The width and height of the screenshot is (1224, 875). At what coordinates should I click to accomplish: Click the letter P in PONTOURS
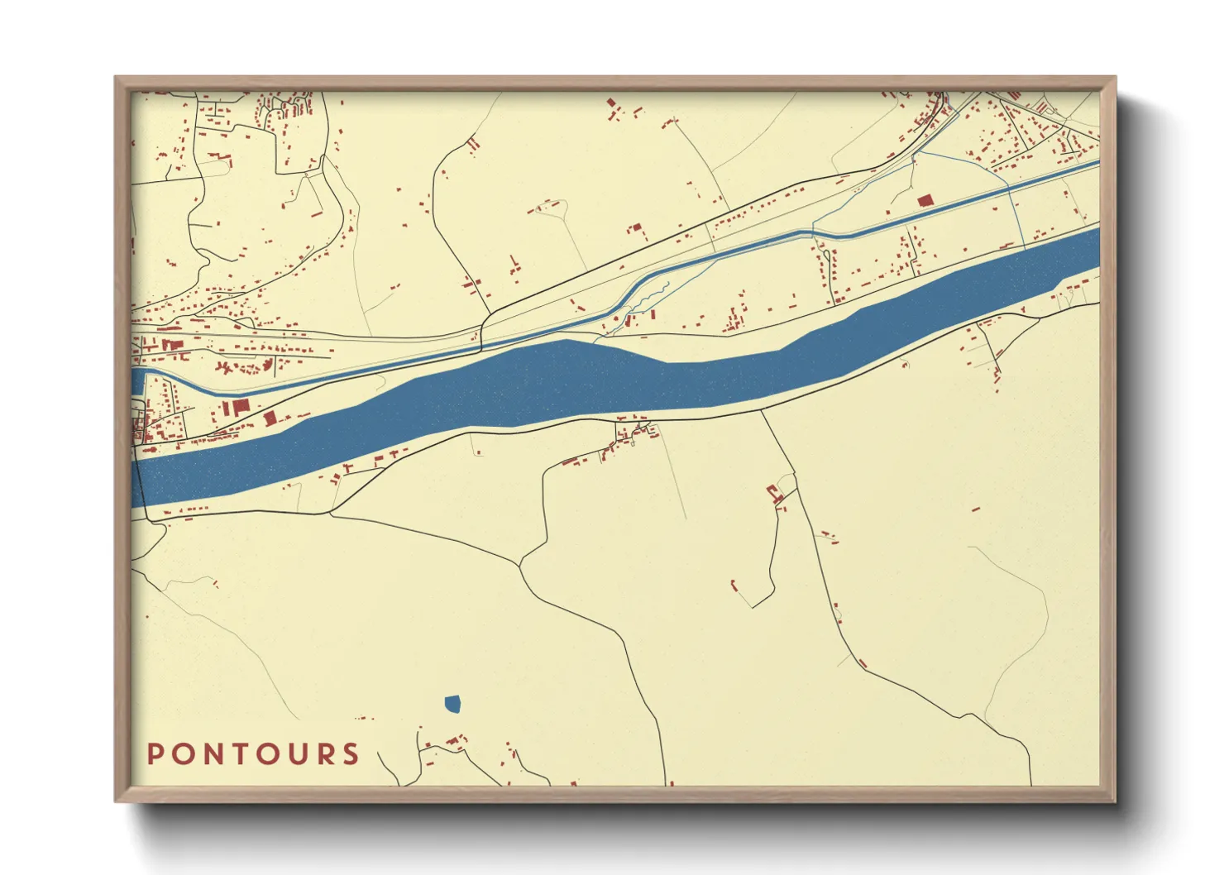(155, 753)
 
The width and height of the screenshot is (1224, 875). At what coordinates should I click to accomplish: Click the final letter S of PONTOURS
(352, 753)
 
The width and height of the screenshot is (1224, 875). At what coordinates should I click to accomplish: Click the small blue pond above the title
(452, 704)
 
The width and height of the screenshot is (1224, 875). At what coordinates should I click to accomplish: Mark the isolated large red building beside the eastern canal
(925, 200)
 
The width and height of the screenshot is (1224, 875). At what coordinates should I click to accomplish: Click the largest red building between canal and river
(240, 407)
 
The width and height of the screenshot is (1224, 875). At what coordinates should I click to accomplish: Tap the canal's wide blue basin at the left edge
(137, 382)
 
